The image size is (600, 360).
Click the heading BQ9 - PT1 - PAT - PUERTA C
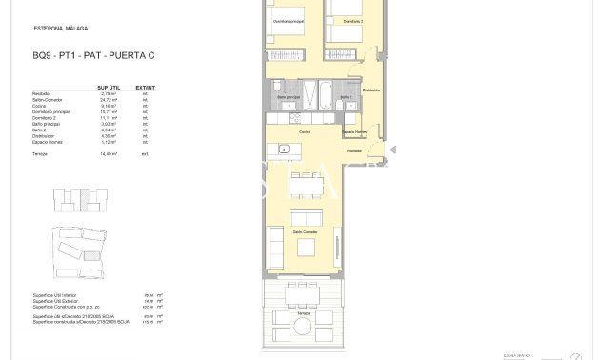point(92,55)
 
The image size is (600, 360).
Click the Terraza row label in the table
point(40,152)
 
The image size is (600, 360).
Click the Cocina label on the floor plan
point(305,132)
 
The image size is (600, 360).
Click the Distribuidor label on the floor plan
point(370,90)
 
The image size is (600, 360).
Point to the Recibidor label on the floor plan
point(353,150)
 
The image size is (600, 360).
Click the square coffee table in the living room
point(306,248)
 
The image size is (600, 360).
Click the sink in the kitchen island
point(284,149)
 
